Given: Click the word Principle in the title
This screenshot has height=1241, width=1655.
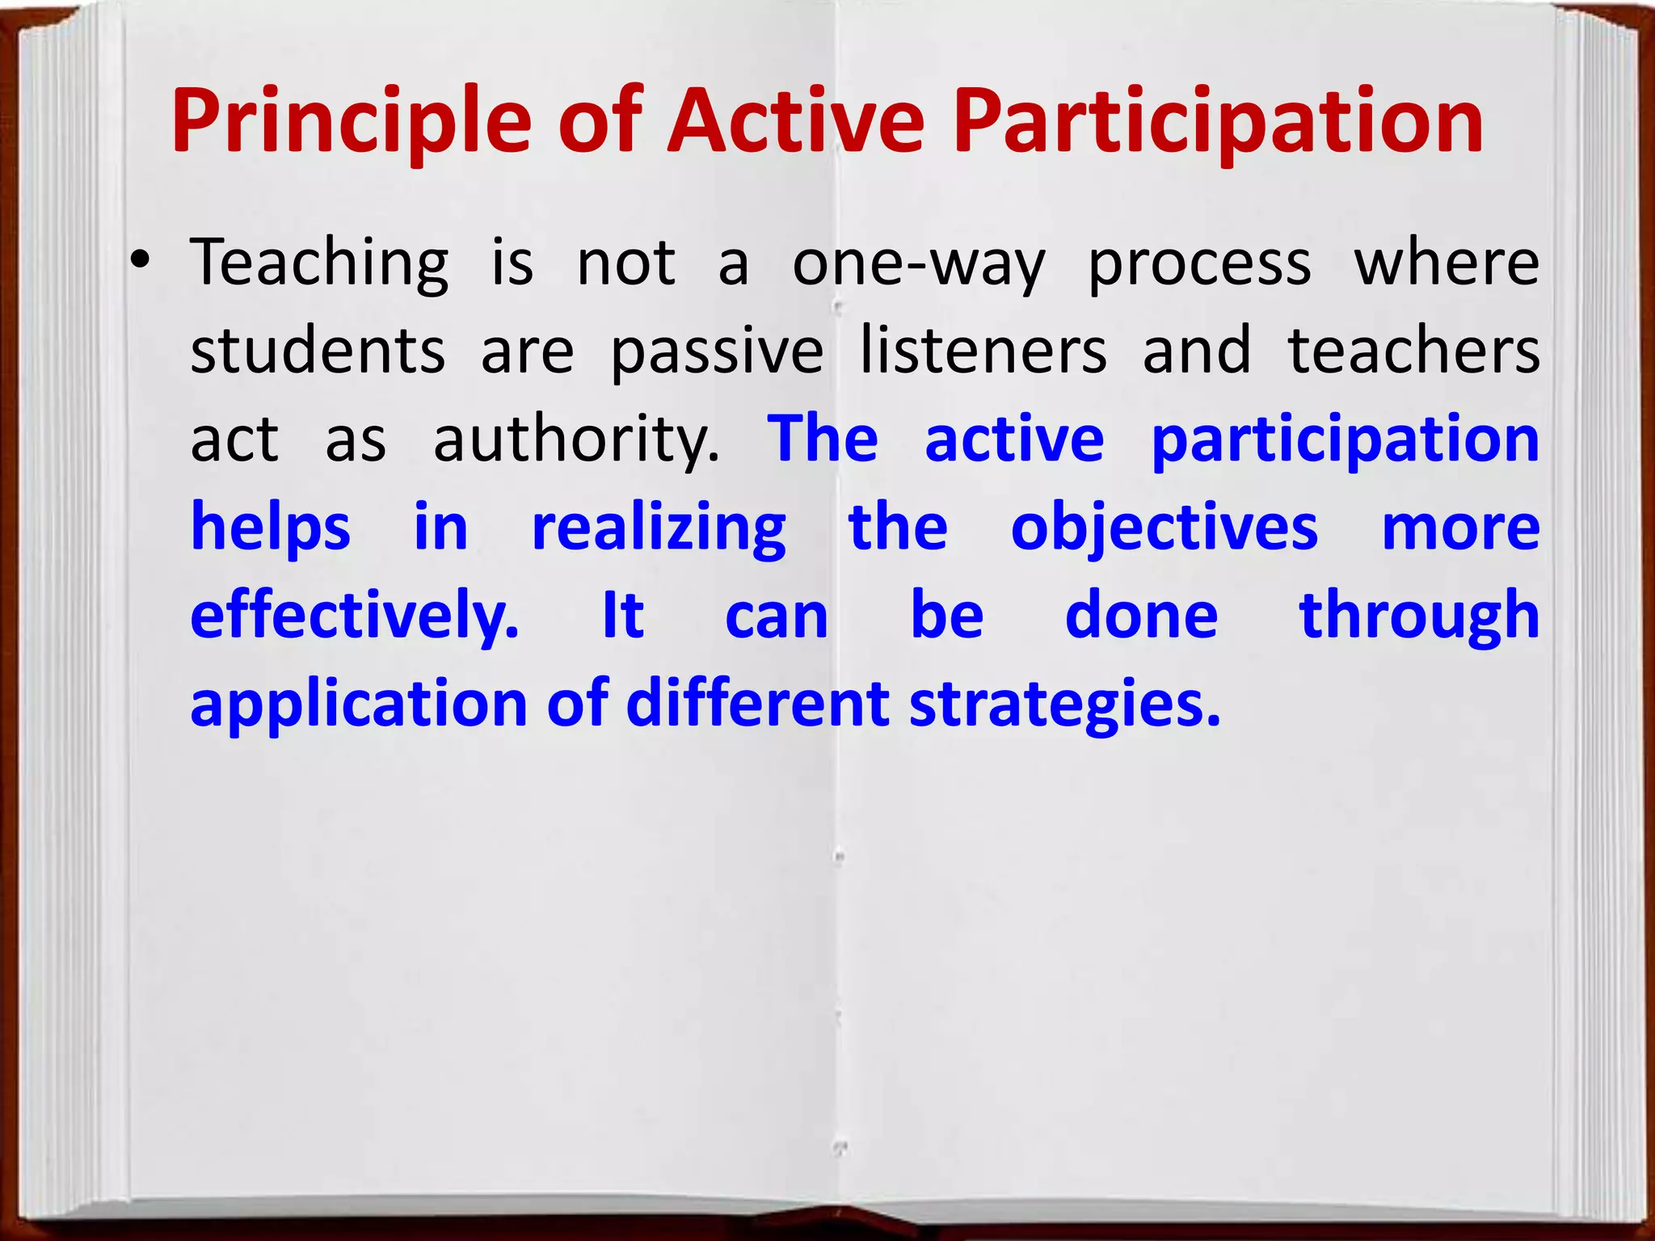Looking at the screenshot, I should (352, 123).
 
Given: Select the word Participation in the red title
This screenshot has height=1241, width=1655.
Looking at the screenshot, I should (1218, 123).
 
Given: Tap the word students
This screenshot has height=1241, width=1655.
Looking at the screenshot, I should (318, 351).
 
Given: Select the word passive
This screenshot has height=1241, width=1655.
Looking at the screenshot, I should (717, 352).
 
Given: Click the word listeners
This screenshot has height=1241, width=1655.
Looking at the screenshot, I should (983, 351).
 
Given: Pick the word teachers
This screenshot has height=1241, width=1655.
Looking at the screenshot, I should (1414, 351).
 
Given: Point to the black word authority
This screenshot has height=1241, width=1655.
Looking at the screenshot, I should (575, 441).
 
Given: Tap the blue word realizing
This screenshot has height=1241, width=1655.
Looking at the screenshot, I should (659, 530).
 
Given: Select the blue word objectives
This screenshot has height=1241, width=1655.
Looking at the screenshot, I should (1164, 530).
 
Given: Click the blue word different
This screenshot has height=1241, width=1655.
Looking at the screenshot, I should (757, 703).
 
